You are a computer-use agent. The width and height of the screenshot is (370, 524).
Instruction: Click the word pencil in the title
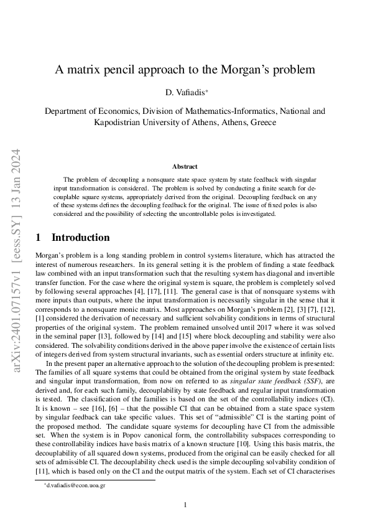[x=135, y=69]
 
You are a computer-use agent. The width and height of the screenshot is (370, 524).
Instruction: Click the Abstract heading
[x=185, y=167]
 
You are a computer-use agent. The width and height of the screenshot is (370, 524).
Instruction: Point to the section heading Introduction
[x=80, y=237]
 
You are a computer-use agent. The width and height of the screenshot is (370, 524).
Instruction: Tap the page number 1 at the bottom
[x=185, y=505]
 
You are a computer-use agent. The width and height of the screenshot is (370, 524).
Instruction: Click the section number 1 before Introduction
[x=39, y=237]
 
